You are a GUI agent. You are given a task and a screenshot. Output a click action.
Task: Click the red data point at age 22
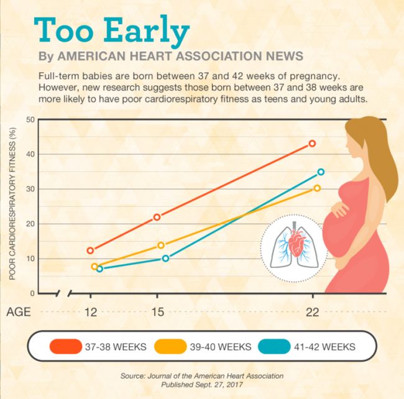point(312,144)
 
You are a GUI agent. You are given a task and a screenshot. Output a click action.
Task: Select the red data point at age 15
point(157,217)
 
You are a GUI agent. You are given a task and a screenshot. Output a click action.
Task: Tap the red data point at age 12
point(90,250)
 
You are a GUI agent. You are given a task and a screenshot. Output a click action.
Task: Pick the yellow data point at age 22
point(317,188)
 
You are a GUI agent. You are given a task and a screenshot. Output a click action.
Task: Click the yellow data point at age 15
point(161,245)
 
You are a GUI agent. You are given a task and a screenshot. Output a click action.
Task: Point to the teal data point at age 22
point(321,172)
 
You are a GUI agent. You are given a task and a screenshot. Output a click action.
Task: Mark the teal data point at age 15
point(165,258)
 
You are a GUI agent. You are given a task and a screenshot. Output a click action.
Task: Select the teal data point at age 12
point(99,268)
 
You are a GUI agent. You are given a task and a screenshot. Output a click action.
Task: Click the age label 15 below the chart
point(158,312)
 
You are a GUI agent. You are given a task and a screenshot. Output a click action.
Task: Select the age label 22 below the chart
point(312,312)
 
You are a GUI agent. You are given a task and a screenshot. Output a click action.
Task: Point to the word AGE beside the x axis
point(19,312)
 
